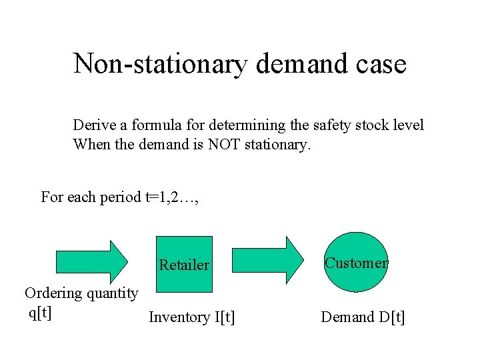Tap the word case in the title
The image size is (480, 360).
point(381,64)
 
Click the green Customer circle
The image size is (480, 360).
point(357,262)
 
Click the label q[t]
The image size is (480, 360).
point(40,311)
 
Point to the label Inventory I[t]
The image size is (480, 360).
point(191,317)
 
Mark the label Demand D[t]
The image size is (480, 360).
point(363,317)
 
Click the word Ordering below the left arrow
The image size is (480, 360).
point(53,293)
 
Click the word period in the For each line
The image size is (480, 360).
point(120,197)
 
